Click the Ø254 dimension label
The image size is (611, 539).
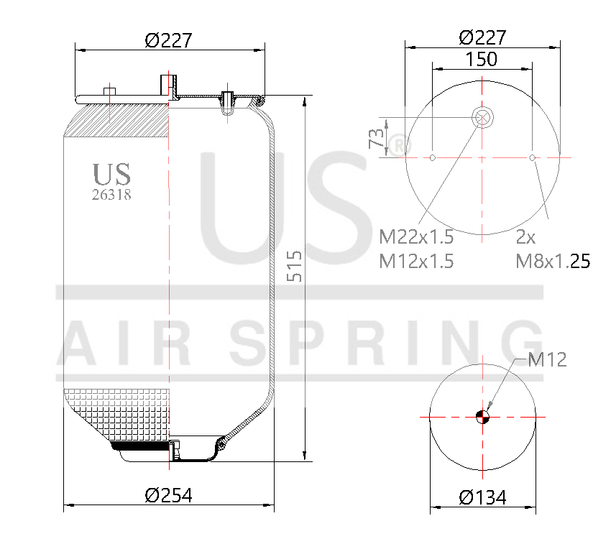pos(168,494)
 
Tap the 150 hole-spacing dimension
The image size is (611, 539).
pos(481,59)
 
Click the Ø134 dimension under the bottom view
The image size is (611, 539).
pos(482,497)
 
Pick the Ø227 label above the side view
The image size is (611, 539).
pos(168,40)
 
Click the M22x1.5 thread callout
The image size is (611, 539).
pos(416,236)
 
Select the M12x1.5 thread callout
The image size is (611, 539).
pos(416,261)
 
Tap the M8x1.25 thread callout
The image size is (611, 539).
pos(553,261)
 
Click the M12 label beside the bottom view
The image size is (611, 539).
pos(547,359)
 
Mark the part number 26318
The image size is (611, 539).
pos(111,194)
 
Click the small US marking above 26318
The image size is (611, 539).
pos(111,174)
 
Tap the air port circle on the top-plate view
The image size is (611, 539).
pos(482,116)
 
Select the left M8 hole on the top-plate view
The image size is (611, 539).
pos(432,157)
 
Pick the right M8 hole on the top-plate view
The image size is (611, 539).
pos(532,157)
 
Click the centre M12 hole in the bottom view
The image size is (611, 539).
pos(482,416)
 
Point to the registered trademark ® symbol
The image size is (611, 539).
pos(398,146)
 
